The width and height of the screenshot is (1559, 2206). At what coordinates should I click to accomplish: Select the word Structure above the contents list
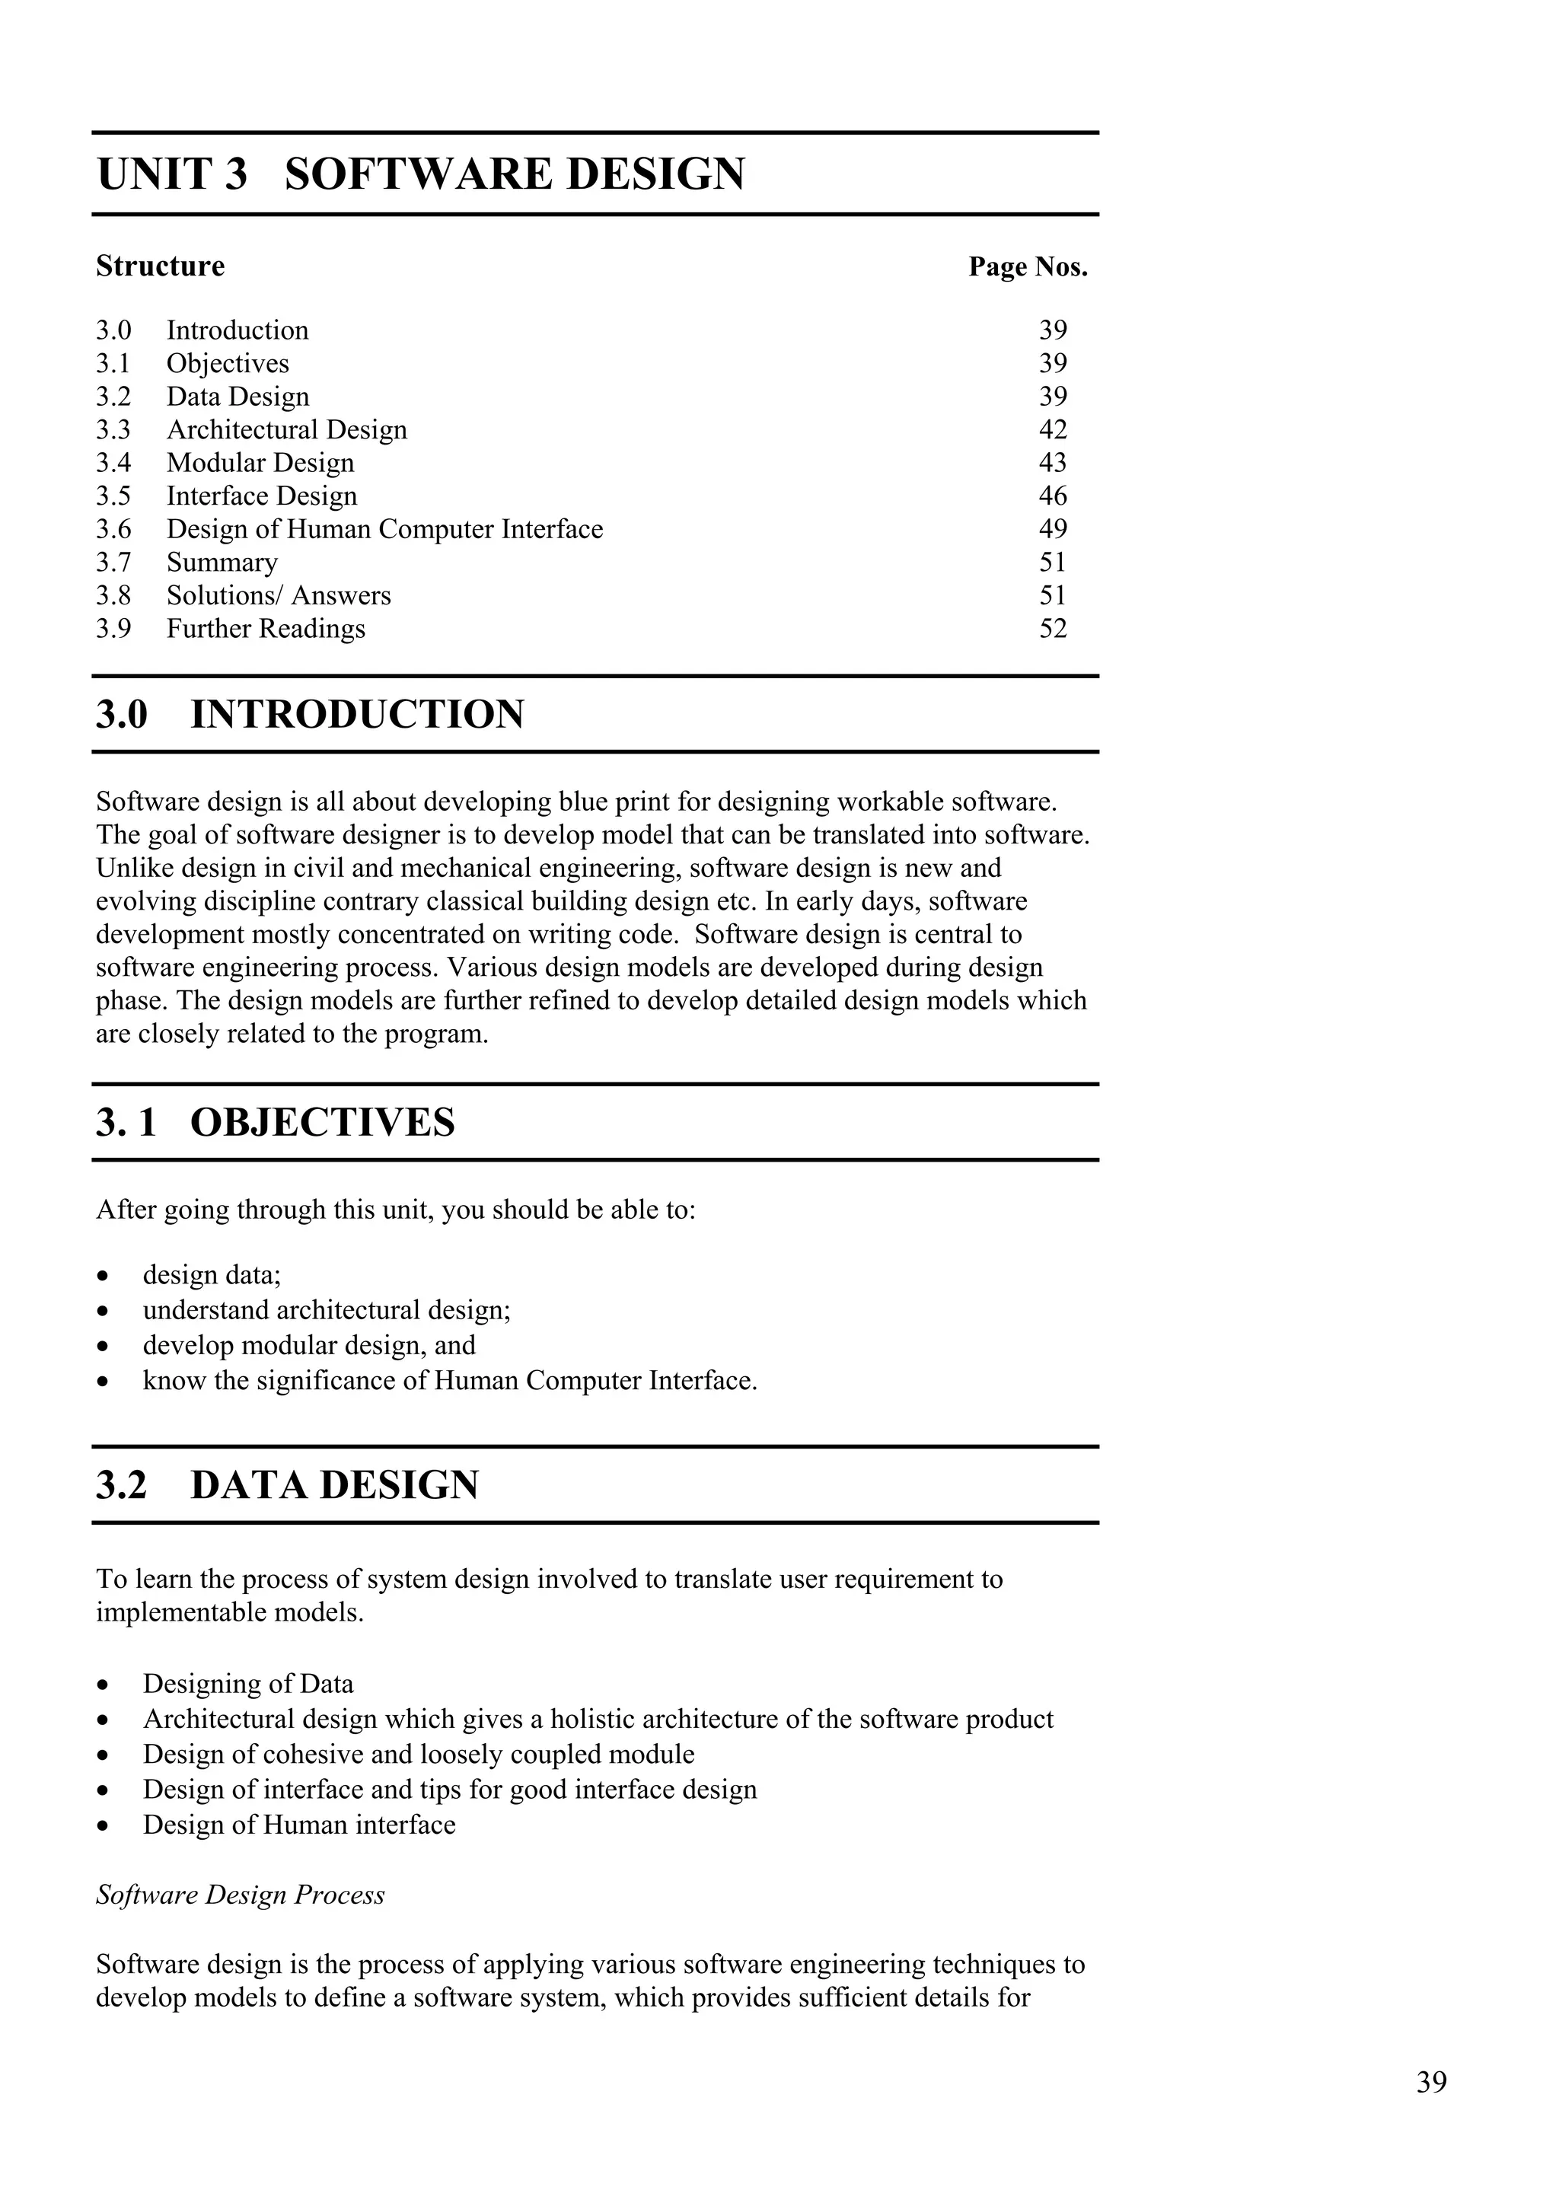pos(161,266)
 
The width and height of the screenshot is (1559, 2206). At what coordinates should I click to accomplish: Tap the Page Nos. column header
pos(1027,267)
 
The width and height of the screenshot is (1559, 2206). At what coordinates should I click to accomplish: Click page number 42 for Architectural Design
pos(1052,429)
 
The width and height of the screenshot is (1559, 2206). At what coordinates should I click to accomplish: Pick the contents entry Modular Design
pos(260,463)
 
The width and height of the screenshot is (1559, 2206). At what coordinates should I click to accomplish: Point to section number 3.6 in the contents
pos(113,529)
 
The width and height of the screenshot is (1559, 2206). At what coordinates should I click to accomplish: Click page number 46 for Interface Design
pos(1052,496)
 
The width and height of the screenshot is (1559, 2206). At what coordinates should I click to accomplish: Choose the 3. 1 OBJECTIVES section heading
pos(275,1122)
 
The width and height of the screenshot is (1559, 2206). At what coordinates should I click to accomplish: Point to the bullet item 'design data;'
pos(212,1275)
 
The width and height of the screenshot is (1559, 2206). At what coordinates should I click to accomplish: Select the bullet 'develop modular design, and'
pos(309,1345)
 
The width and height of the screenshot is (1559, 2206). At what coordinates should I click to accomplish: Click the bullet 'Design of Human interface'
pos(298,1825)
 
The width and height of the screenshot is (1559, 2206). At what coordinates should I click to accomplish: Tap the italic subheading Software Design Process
pos(240,1895)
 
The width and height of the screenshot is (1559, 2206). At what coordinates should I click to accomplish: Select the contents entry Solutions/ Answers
pos(279,596)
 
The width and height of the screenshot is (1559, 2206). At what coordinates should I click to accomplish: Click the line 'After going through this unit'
pos(395,1210)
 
